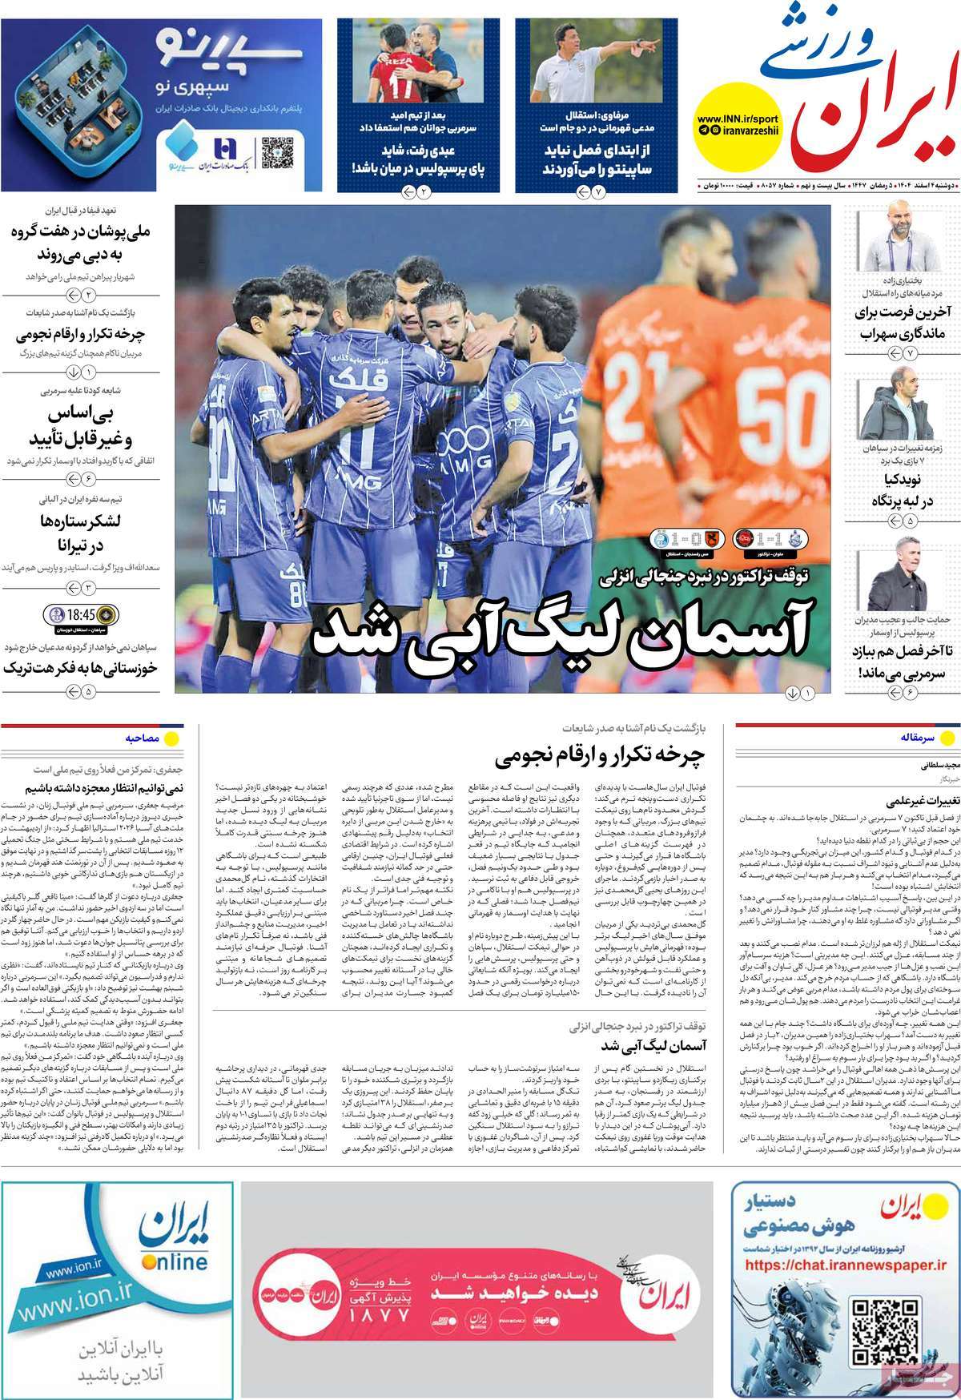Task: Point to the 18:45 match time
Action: (x=82, y=615)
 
